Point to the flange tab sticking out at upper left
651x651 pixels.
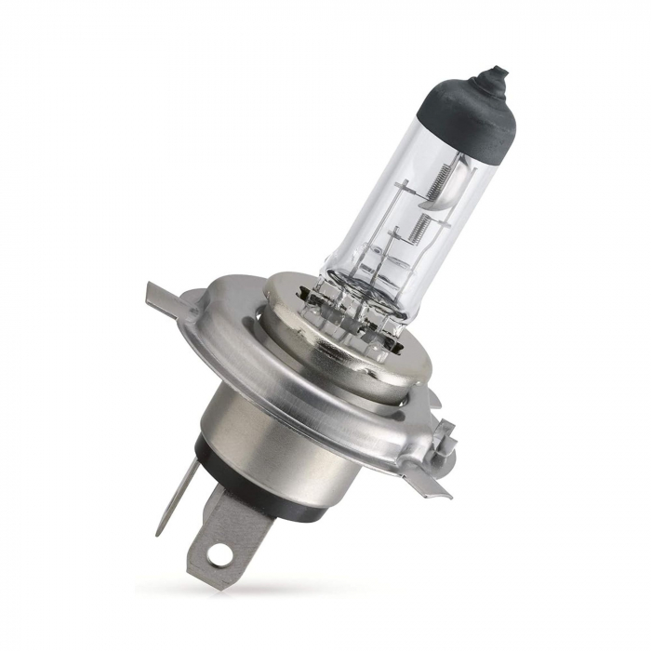tap(162, 298)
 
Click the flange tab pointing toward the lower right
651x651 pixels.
tap(422, 484)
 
